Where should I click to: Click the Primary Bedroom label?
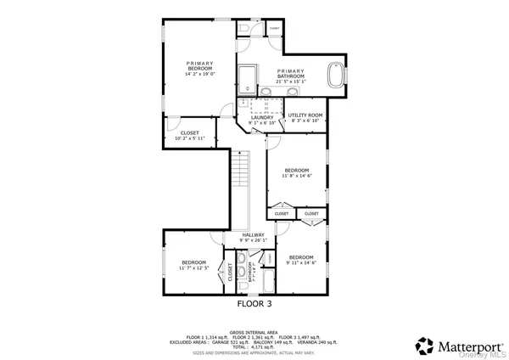click(x=201, y=65)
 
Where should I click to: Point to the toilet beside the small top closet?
click(x=243, y=29)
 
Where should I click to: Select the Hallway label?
click(x=254, y=235)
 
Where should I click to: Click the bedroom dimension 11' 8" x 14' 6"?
click(x=297, y=176)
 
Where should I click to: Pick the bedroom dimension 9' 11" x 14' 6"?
click(x=301, y=262)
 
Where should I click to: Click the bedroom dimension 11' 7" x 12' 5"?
click(x=195, y=268)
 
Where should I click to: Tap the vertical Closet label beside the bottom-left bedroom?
click(x=229, y=272)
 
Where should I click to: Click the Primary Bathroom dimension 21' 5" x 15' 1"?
click(x=290, y=82)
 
